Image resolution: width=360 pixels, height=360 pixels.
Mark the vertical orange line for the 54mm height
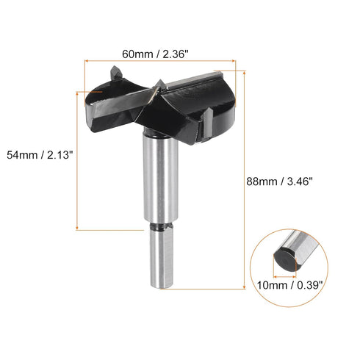(x=77, y=154)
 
